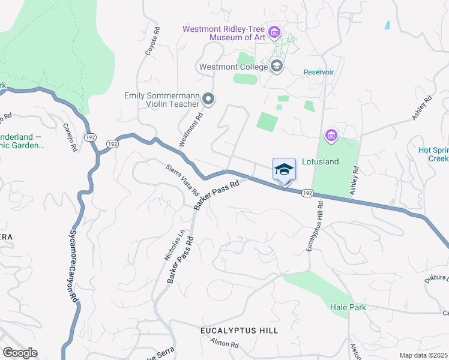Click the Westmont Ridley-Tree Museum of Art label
[x=224, y=33]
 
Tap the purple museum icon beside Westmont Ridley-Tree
[x=275, y=31]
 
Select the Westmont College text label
[x=234, y=67]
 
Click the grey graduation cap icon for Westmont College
[x=277, y=65]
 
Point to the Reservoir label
[x=318, y=72]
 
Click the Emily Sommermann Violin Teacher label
[x=161, y=100]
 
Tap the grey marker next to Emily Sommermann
[x=208, y=99]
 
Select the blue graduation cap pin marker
[x=285, y=170]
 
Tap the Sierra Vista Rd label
[x=182, y=180]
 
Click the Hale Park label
[x=348, y=307]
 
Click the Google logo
[x=20, y=353]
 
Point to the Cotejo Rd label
[x=70, y=138]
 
